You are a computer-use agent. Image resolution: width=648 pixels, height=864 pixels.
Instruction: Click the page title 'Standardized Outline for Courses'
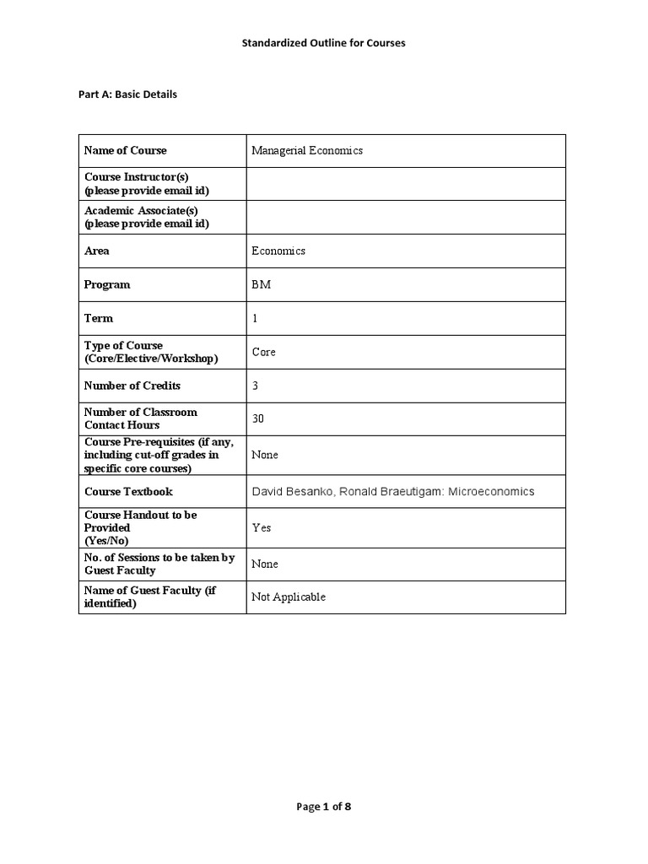(323, 43)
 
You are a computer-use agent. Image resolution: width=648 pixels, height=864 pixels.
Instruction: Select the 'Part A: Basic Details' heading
(128, 94)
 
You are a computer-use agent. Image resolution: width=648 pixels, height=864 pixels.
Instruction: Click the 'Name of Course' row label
(126, 150)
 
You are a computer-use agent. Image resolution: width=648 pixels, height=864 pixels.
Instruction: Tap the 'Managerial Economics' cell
(307, 150)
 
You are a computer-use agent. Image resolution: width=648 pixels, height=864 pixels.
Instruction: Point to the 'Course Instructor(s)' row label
(137, 177)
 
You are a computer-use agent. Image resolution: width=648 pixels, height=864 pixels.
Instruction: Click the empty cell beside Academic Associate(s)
(405, 217)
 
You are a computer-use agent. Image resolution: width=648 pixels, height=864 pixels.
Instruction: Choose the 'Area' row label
(97, 251)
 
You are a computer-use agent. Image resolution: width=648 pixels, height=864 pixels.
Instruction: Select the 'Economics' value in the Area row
(278, 251)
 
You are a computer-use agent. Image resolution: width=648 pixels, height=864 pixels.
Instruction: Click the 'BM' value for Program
(261, 284)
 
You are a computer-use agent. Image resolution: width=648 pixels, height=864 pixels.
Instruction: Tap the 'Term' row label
(99, 318)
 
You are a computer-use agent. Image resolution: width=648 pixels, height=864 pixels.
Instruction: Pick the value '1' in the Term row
(255, 318)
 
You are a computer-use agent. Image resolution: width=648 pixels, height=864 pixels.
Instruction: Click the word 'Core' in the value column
(263, 352)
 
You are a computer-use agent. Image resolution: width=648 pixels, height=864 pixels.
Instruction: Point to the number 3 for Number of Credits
(255, 386)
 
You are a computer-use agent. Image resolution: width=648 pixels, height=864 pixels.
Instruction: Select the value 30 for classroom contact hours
(258, 418)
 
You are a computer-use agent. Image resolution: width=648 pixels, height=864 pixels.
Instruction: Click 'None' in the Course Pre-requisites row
(264, 455)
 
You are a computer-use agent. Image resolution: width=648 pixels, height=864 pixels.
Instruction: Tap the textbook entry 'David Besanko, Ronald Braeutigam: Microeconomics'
(392, 491)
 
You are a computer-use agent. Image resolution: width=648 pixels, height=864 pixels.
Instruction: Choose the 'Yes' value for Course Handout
(262, 527)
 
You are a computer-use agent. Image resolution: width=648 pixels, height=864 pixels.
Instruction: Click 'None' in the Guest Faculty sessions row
(264, 564)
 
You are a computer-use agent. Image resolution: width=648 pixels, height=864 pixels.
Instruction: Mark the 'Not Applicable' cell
(288, 597)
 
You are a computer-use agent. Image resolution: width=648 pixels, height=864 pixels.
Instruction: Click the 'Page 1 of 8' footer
(323, 807)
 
